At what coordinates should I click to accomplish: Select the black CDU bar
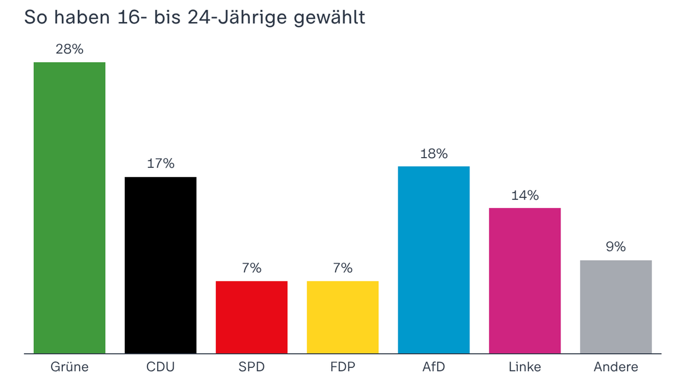[x=161, y=265]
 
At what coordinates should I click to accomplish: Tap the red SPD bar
[x=251, y=317]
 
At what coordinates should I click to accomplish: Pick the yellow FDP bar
[x=342, y=317]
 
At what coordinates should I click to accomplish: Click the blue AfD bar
[x=434, y=260]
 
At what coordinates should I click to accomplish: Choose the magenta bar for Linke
[x=525, y=281]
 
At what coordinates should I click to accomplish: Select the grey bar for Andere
[x=616, y=307]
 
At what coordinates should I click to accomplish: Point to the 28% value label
[x=70, y=49]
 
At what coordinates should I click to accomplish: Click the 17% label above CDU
[x=161, y=164]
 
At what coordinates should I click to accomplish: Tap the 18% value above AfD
[x=434, y=154]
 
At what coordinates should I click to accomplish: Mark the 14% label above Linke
[x=525, y=196]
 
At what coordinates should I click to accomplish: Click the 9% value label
[x=616, y=247]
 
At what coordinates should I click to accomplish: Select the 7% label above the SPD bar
[x=251, y=268]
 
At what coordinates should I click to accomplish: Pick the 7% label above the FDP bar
[x=342, y=268]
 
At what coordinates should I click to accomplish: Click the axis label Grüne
[x=70, y=367]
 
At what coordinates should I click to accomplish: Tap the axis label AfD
[x=434, y=367]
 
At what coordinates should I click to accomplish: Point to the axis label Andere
[x=616, y=367]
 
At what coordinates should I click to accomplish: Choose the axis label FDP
[x=342, y=367]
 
